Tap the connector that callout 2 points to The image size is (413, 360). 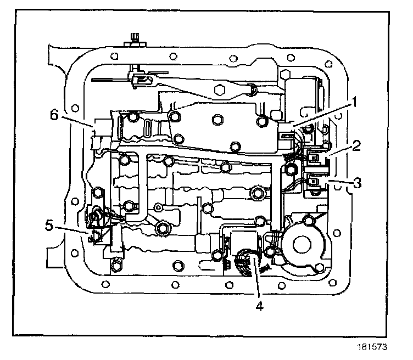tap(315, 158)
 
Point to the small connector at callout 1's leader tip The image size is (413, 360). tap(287, 132)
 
